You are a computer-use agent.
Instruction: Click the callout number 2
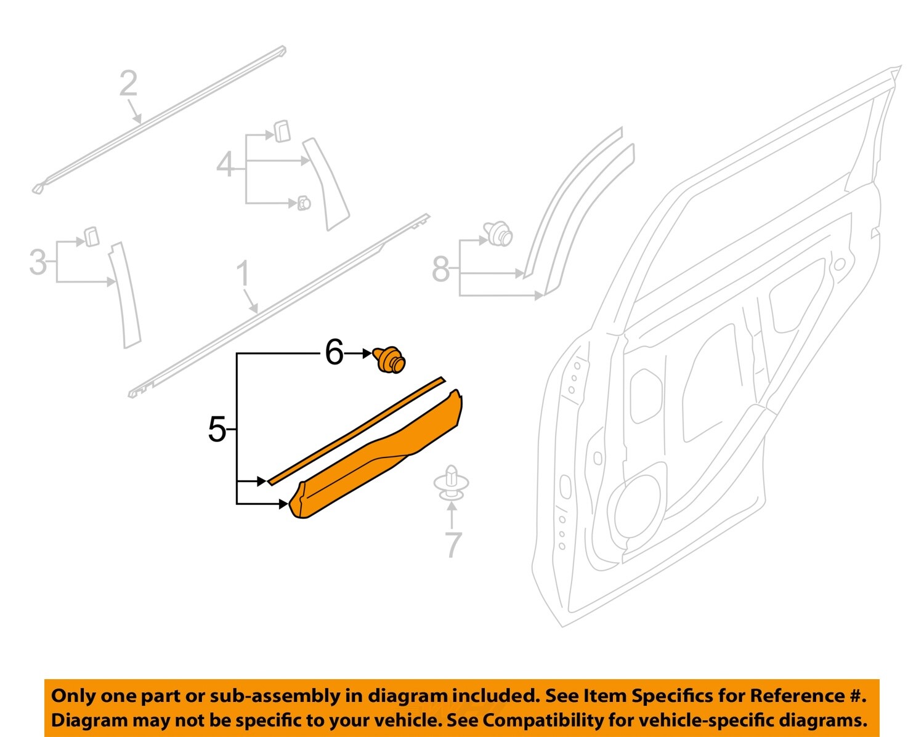128,84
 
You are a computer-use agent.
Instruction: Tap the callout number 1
243,274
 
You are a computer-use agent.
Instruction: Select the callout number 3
38,263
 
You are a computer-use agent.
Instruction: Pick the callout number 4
225,165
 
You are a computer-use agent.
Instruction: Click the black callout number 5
217,429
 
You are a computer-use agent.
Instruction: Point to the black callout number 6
334,353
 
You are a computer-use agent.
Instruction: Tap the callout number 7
453,544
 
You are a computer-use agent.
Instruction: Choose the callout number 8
441,269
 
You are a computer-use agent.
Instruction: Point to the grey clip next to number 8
498,234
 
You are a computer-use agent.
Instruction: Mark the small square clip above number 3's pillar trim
92,236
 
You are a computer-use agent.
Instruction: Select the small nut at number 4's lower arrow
304,203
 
